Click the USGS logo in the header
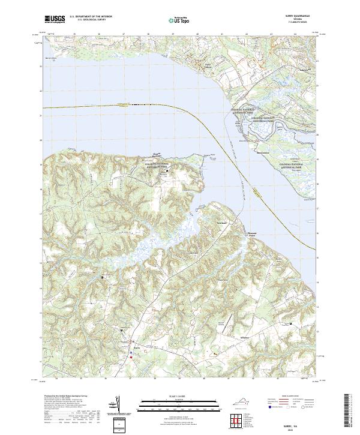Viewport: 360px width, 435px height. click(55, 19)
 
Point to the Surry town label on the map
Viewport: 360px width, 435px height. click(136, 346)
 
